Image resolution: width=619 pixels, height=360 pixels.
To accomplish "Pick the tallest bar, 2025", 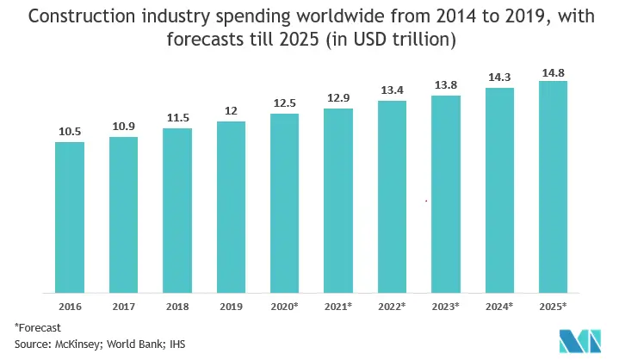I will [x=553, y=186].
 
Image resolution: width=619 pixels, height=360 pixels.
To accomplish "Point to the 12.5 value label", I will [x=284, y=102].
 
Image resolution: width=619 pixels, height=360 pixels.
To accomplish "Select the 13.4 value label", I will [x=392, y=90].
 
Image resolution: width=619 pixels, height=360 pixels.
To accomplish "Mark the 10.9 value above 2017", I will [x=123, y=126].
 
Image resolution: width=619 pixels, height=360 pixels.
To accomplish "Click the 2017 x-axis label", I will [x=123, y=306].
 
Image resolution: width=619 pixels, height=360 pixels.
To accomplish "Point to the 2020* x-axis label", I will [x=284, y=306].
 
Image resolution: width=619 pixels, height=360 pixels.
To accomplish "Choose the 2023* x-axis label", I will [x=445, y=306].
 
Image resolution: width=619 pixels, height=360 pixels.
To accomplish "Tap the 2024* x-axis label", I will [x=499, y=306].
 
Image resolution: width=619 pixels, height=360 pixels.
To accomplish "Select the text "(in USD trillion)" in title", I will [x=399, y=39].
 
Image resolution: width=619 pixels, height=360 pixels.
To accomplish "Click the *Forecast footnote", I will [x=39, y=327].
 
